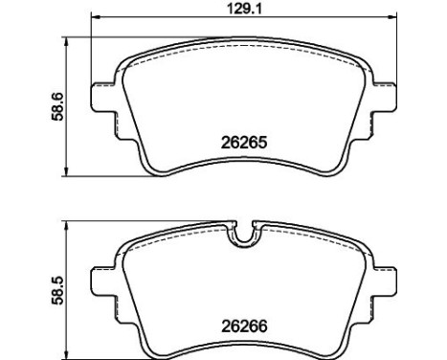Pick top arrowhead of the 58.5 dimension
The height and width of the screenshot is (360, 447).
pos(65,225)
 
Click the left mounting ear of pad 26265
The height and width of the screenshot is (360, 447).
pos(101,98)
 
